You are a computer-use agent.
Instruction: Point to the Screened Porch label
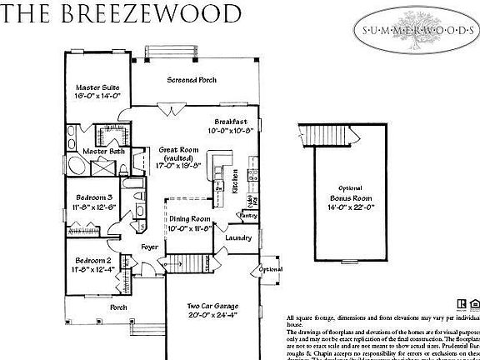(x=192, y=80)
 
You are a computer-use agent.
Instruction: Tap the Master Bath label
(x=105, y=151)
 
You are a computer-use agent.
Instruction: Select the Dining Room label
(x=188, y=220)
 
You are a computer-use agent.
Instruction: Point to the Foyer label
(x=149, y=247)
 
